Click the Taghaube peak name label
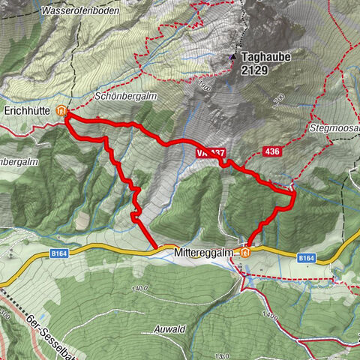point(265,56)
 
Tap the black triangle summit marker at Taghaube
point(233,56)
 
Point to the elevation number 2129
point(253,70)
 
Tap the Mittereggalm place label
point(202,253)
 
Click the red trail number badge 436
point(273,152)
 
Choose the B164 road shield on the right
point(306,258)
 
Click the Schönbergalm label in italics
point(124,97)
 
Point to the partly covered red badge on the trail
point(209,152)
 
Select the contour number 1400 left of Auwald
point(138,287)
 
